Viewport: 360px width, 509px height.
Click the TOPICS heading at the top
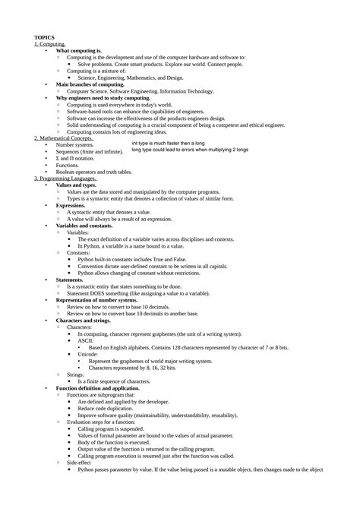tap(45, 37)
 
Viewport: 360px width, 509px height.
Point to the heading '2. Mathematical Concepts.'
tap(64, 138)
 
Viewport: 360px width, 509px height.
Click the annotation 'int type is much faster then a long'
tap(168, 143)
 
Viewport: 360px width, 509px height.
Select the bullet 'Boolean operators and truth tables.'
tap(103, 171)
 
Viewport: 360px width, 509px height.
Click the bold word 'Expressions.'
tap(71, 205)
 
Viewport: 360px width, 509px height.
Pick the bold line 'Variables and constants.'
tap(84, 225)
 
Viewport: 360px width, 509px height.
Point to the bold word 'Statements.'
tap(71, 280)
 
